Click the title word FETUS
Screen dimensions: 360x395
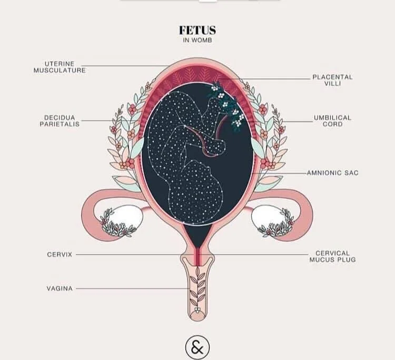[x=197, y=31]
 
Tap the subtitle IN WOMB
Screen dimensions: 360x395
[x=197, y=41]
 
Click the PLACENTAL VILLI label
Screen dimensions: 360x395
[x=332, y=80]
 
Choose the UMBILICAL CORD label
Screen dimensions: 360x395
[x=332, y=121]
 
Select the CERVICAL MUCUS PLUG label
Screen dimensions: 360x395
[x=332, y=256]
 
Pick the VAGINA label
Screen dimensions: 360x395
[x=60, y=288]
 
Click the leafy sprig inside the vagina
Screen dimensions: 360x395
[x=198, y=285]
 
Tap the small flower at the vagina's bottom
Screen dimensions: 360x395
[x=198, y=310]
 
